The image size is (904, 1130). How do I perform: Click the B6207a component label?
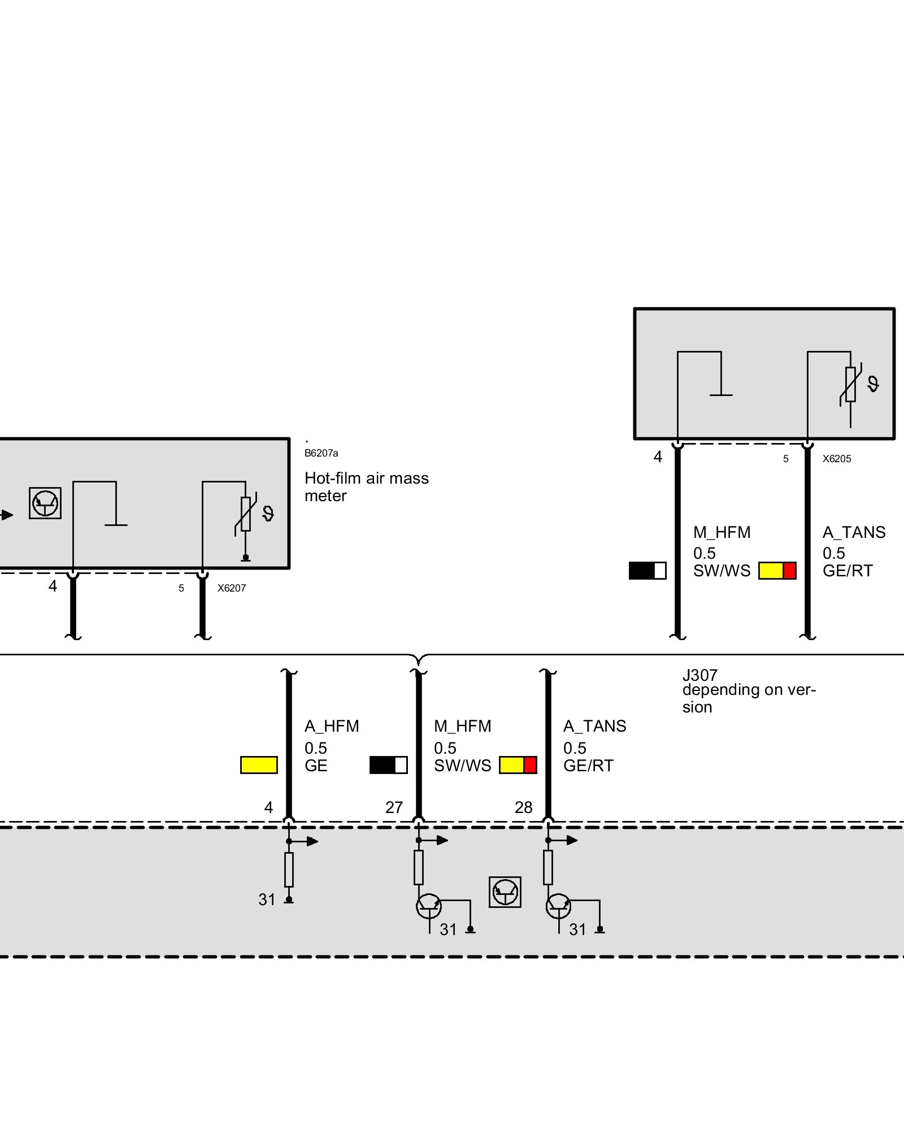pos(321,453)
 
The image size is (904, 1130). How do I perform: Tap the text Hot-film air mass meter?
pos(366,486)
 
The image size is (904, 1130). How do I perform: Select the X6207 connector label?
pos(232,588)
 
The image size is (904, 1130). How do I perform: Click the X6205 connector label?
pos(836,459)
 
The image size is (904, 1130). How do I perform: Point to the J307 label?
pos(699,675)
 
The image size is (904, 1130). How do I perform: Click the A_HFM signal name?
pos(332,726)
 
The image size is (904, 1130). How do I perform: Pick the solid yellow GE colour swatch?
pos(259,765)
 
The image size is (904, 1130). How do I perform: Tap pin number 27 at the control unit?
pos(394,807)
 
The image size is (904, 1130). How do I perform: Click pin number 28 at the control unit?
pos(523,807)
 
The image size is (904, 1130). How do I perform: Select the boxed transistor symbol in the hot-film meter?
pos(45,503)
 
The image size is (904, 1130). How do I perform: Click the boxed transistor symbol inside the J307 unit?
pos(505,892)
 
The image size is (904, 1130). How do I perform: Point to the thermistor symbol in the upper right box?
pos(850,385)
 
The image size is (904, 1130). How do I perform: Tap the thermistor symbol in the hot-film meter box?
pos(246,514)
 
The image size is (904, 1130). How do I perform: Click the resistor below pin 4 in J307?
pos(289,870)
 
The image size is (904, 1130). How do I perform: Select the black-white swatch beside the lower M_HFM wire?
pos(388,765)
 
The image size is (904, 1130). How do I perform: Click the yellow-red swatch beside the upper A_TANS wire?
pos(777,571)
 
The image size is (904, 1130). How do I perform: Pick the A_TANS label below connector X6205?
pos(854,532)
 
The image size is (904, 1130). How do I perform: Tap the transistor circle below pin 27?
pos(428,906)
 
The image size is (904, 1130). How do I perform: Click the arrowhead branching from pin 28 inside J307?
pos(572,840)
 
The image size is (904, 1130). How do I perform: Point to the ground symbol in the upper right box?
pos(720,394)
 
